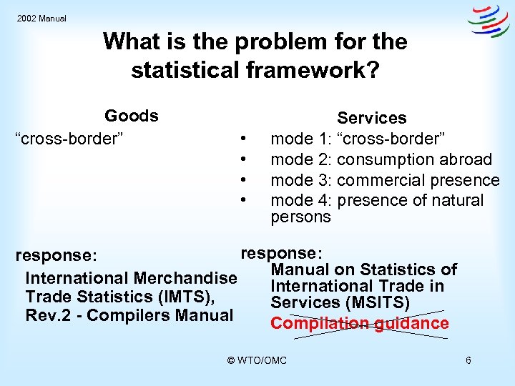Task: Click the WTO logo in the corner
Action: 489,21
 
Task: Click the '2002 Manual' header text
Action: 41,19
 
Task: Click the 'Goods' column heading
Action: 132,116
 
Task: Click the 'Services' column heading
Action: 371,118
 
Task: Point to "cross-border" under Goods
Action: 70,137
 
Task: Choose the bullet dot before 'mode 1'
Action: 245,139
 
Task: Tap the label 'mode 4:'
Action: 301,201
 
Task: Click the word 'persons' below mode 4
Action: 300,217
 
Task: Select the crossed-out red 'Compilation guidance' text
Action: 359,323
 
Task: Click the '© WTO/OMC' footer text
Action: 257,360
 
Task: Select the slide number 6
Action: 468,360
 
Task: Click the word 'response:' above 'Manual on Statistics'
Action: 282,253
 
